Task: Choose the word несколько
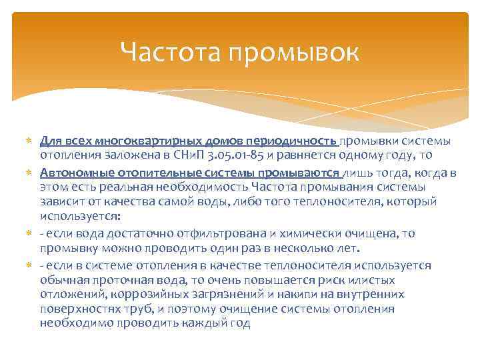[x=304, y=248]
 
